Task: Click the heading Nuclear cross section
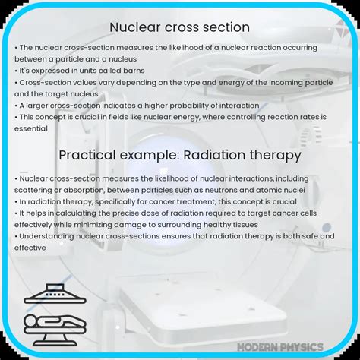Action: [179, 27]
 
